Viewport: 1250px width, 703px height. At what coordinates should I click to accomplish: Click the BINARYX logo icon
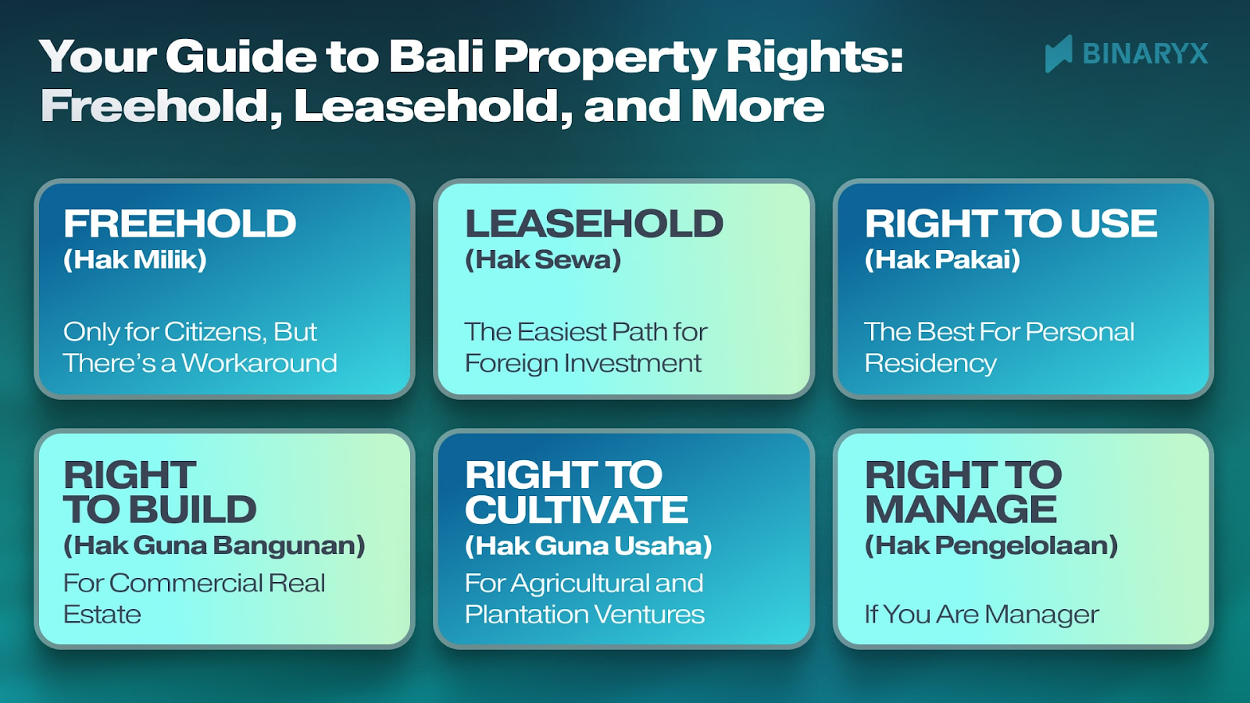(1059, 54)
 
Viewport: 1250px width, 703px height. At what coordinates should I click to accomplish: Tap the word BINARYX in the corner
(1145, 54)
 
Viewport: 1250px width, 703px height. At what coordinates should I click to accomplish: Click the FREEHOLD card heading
(180, 224)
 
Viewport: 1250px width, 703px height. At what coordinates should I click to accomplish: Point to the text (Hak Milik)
(135, 260)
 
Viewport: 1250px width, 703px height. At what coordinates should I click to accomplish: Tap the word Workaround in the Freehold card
(259, 363)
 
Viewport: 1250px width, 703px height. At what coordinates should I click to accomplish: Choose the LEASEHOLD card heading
(594, 224)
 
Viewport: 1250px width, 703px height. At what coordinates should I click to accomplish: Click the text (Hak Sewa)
(543, 260)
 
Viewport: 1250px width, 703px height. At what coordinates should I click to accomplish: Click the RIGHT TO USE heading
(1010, 224)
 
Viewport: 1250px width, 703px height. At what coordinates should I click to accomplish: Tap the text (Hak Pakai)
(942, 260)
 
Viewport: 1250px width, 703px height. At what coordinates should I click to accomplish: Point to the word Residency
(930, 363)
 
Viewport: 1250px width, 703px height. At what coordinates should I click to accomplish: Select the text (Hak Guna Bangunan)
(214, 545)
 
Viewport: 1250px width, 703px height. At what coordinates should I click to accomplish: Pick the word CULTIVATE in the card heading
(577, 510)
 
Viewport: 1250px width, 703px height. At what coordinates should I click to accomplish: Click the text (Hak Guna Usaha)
(588, 545)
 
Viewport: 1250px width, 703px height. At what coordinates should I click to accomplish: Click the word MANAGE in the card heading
(961, 510)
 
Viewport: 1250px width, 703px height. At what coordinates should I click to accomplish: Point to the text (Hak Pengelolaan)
(991, 545)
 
